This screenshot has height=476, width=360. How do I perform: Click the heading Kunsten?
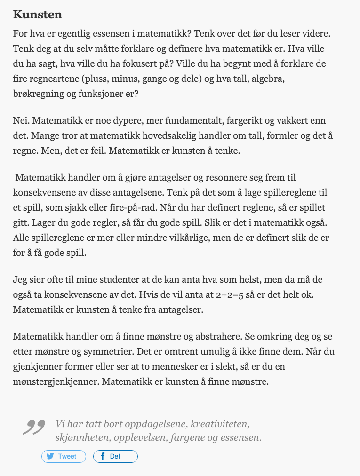click(x=38, y=15)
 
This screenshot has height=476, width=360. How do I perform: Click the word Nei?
click(x=21, y=121)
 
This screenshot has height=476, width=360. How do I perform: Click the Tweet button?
click(x=64, y=456)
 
